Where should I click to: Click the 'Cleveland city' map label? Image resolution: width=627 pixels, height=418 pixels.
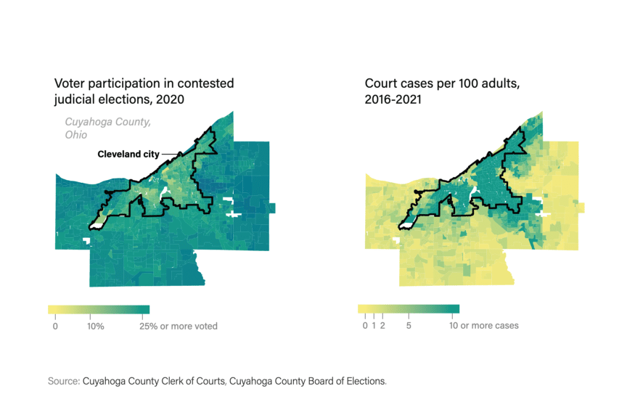[128, 155]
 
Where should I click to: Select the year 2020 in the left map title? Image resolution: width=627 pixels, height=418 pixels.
[168, 99]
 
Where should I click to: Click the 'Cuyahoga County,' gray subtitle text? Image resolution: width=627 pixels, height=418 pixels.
[108, 122]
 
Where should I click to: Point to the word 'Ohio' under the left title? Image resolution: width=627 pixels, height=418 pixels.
[75, 135]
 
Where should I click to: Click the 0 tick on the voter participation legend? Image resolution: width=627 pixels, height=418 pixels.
[55, 326]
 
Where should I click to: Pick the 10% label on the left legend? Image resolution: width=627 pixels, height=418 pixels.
[95, 326]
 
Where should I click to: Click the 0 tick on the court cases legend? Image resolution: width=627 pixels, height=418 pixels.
[365, 325]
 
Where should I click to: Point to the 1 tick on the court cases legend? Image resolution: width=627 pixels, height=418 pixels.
[374, 325]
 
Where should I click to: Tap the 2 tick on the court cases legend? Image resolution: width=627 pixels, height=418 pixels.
[382, 325]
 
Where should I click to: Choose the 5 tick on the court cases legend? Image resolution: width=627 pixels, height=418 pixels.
[409, 325]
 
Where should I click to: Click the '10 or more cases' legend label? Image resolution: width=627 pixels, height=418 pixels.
[485, 325]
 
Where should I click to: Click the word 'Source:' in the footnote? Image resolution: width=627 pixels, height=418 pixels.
[64, 380]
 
